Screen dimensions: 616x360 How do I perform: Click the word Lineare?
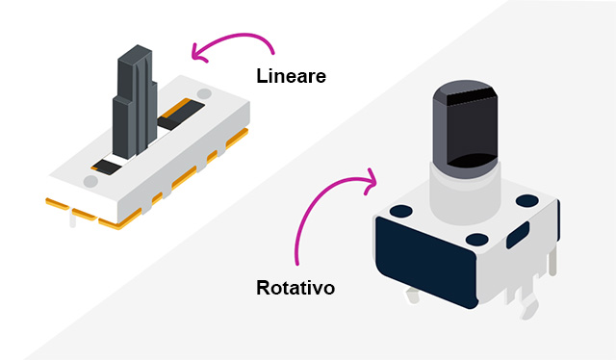tap(291, 76)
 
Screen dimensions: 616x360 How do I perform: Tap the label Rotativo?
tap(295, 288)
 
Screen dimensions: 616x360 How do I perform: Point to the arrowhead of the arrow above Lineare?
tap(198, 53)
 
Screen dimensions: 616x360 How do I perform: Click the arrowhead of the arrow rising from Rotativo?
tap(370, 181)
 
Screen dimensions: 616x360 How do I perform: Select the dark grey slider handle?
tap(135, 102)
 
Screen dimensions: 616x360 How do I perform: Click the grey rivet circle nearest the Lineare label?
tap(204, 94)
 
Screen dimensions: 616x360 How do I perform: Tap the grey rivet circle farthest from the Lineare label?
tap(90, 181)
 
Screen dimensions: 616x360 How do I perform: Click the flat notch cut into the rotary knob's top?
tap(470, 96)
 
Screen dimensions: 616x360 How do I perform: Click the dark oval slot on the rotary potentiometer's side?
tap(518, 235)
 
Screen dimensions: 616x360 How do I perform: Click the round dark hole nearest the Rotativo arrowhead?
tap(401, 211)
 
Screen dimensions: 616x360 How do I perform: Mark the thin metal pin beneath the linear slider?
tap(73, 219)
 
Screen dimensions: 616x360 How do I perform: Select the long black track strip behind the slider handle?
tap(181, 115)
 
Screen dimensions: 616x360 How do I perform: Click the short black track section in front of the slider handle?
tap(106, 167)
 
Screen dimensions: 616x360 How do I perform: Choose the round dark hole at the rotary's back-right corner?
tap(527, 201)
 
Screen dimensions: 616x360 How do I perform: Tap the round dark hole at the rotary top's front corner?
tap(477, 240)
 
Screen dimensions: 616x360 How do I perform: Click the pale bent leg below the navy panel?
tap(413, 296)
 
